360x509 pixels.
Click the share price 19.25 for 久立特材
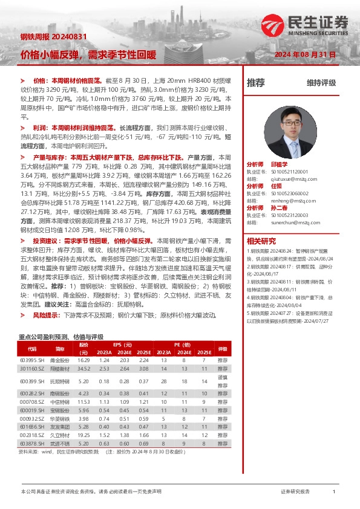pos(83,434)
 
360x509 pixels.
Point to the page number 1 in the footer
pos(334,492)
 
